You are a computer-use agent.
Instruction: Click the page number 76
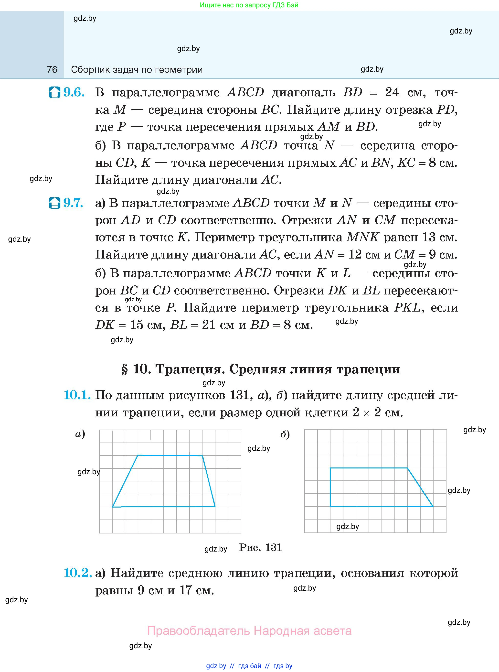click(x=52, y=69)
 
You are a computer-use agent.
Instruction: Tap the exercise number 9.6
click(x=74, y=92)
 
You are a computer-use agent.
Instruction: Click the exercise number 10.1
click(x=77, y=395)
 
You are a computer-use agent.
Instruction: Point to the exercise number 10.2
click(x=78, y=573)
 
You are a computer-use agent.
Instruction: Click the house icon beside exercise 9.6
click(x=55, y=92)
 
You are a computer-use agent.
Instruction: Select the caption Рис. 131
click(x=260, y=547)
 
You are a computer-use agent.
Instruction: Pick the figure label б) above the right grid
click(x=285, y=434)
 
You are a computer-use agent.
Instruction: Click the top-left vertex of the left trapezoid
click(x=138, y=455)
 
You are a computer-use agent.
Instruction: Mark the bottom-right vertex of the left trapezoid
click(x=215, y=506)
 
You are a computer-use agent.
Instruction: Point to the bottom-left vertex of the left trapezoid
click(x=112, y=507)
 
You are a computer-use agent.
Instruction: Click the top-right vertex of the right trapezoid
click(x=407, y=468)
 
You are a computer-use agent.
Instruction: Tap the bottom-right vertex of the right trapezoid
click(x=433, y=506)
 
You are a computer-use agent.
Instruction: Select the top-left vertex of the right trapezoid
click(x=330, y=468)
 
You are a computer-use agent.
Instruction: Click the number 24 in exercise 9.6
click(x=392, y=92)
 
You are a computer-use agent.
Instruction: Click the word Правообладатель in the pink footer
click(x=199, y=631)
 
